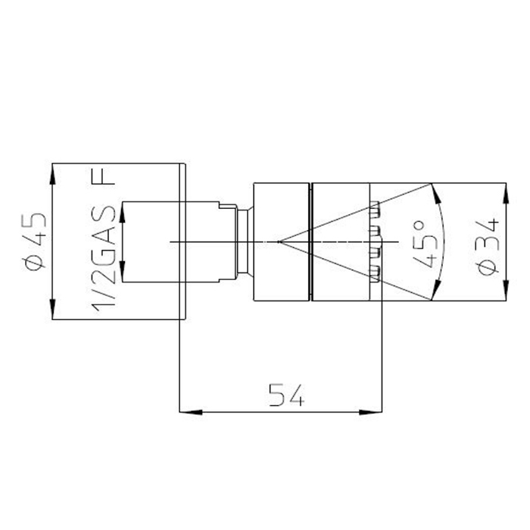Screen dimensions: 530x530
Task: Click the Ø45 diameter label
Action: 33,242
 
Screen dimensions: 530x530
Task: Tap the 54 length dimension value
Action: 287,394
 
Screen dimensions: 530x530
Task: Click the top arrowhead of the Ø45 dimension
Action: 52,174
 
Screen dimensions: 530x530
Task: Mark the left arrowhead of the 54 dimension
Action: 191,412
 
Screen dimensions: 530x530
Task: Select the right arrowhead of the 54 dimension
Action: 371,412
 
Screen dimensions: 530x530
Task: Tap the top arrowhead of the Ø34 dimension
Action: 506,194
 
